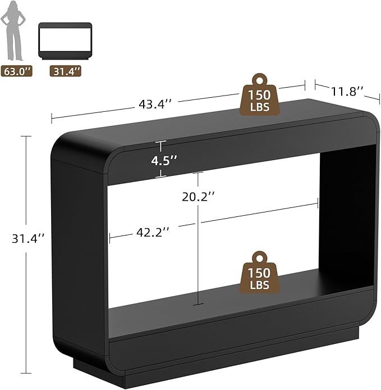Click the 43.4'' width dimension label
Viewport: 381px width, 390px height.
click(155, 104)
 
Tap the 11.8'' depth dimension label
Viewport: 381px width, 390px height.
click(347, 92)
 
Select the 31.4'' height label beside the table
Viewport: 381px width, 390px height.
click(28, 239)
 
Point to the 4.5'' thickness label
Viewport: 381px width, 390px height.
click(164, 161)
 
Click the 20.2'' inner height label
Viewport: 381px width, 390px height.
click(198, 197)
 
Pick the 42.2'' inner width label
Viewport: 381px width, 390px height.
click(153, 232)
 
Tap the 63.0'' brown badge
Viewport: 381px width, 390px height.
click(17, 71)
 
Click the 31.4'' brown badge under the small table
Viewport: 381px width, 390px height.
click(66, 71)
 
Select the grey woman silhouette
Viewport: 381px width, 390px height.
click(13, 30)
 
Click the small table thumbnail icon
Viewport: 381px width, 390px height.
click(65, 41)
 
